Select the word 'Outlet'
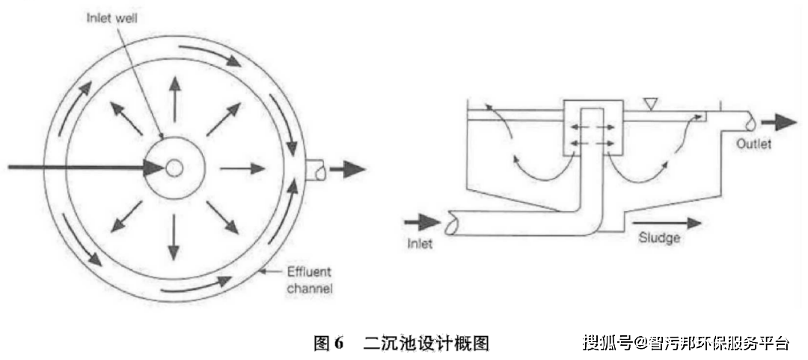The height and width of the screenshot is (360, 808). [x=754, y=144]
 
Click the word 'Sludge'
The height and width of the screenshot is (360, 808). [x=659, y=238]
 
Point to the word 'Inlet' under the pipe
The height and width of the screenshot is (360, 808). [x=420, y=242]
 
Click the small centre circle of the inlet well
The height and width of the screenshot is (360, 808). [x=174, y=168]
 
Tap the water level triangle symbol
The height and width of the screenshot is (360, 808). [x=652, y=106]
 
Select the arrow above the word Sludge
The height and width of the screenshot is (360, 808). [x=667, y=223]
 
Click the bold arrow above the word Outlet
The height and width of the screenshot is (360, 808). [x=779, y=122]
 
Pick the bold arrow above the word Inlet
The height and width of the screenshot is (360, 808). [x=422, y=222]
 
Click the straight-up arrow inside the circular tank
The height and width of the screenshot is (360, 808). [x=174, y=99]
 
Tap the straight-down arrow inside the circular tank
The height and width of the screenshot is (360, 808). [x=174, y=238]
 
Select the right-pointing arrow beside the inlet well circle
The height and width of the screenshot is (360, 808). [x=242, y=168]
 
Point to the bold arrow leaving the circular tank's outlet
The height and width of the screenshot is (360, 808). [x=347, y=169]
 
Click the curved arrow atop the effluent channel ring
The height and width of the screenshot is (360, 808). [x=210, y=54]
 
